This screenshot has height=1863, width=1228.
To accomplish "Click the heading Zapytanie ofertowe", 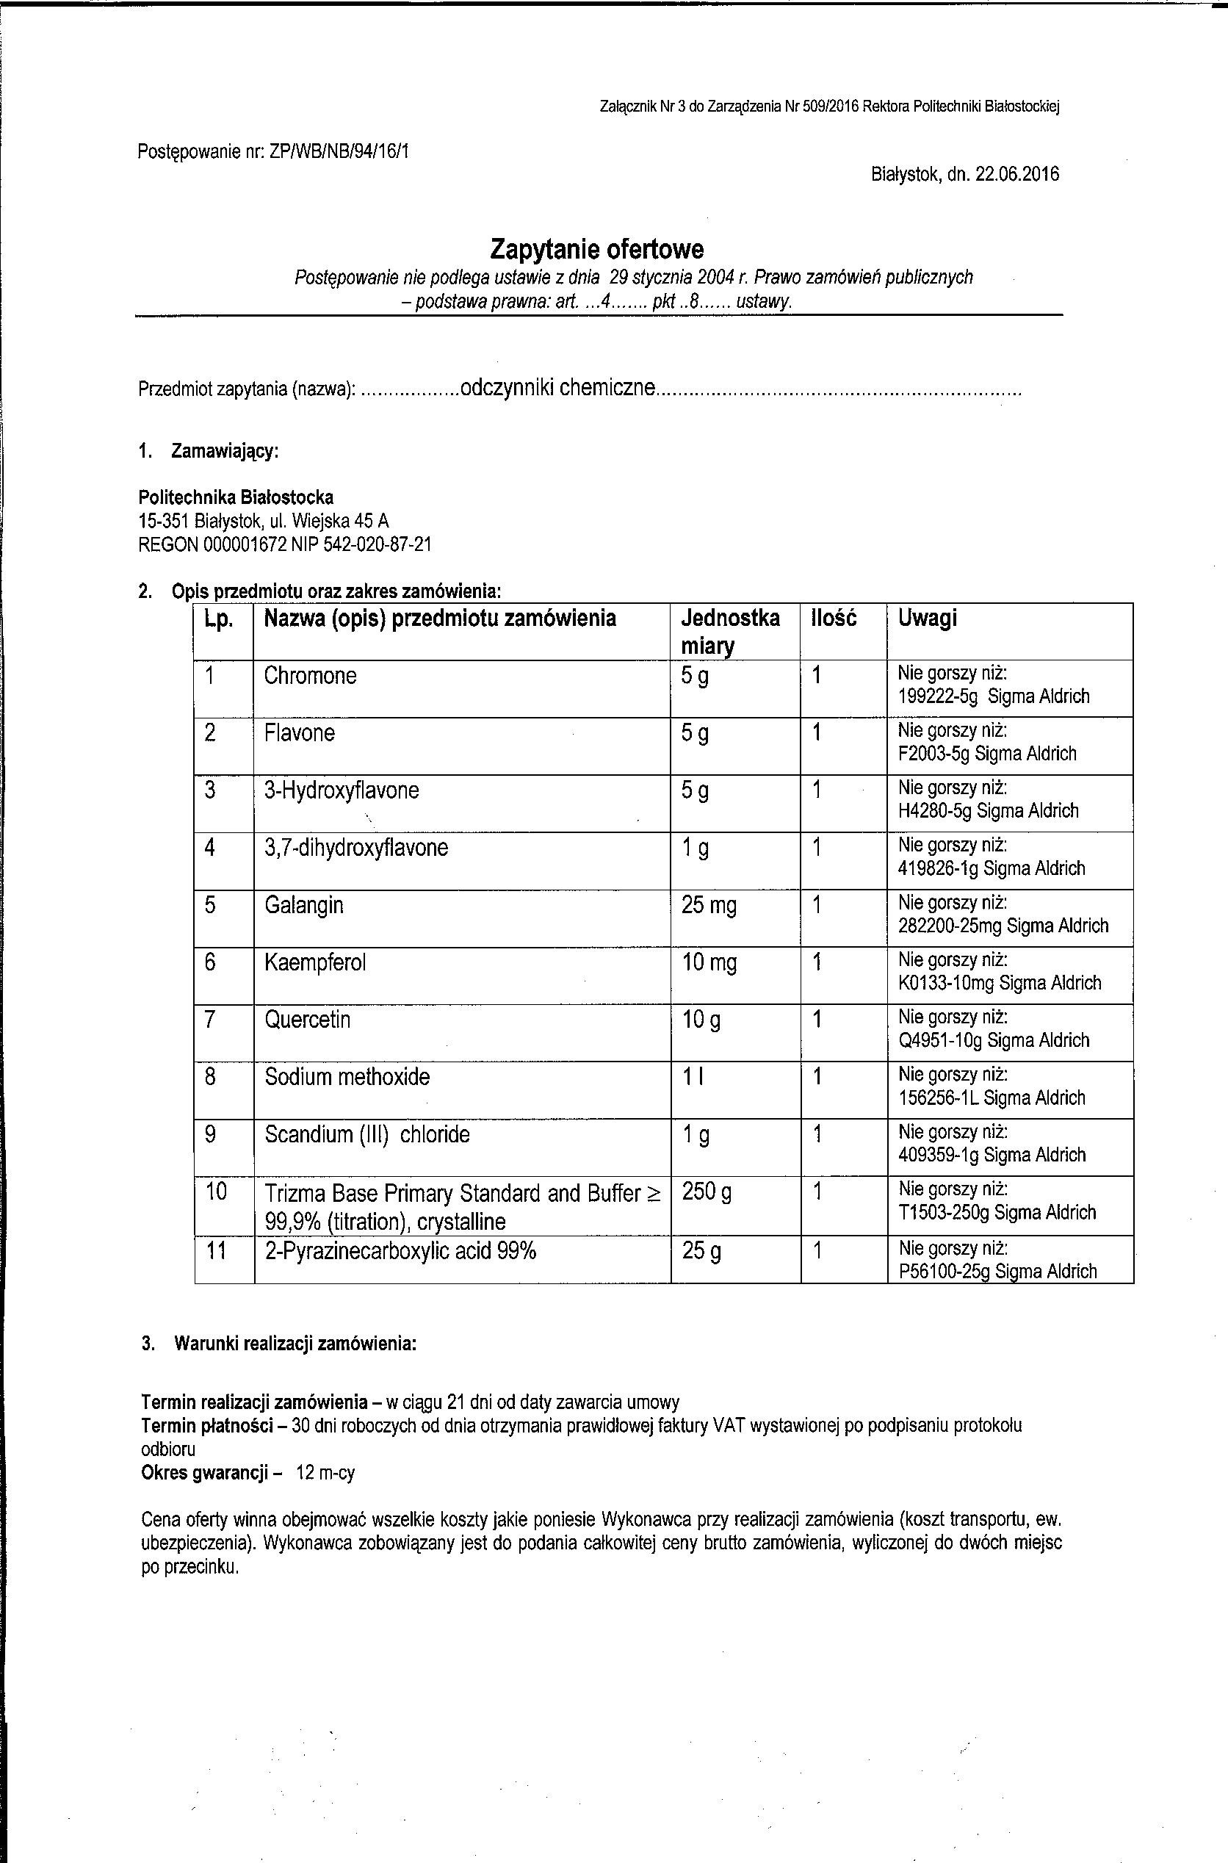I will (597, 249).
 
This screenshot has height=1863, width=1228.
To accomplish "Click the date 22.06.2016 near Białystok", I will (1016, 174).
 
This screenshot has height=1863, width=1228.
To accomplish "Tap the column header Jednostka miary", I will (730, 631).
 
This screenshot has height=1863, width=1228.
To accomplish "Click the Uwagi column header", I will (928, 619).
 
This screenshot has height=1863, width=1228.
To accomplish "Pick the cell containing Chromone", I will (310, 676).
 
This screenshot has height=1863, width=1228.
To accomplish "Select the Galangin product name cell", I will (304, 905).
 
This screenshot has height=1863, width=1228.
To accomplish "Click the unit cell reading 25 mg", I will (709, 906).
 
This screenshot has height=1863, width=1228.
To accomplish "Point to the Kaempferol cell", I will (315, 962).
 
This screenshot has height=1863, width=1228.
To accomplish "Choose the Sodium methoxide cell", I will (347, 1077).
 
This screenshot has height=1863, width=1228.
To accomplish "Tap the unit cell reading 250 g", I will (707, 1193).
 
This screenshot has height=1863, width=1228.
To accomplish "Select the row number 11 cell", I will (216, 1251).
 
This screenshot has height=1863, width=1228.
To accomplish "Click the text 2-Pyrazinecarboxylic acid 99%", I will (400, 1251).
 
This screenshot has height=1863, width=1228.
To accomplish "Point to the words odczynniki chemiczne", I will (557, 388).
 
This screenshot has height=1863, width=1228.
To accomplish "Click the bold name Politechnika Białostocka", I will (236, 497).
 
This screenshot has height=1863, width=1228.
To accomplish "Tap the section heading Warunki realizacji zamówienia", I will (295, 1344).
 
